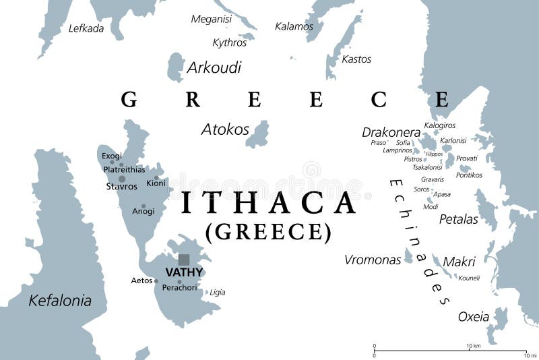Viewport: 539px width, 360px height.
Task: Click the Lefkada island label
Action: tap(86, 28)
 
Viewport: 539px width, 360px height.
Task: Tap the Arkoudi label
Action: tap(214, 67)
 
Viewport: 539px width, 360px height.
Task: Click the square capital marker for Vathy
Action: tap(184, 260)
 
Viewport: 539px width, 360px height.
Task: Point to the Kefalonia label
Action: tap(60, 301)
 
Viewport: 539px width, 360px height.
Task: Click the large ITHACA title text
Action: tap(269, 202)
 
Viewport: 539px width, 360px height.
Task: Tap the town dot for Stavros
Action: tap(122, 179)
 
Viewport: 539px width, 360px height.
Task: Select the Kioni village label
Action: tap(156, 183)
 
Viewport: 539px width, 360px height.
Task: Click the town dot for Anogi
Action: tap(144, 206)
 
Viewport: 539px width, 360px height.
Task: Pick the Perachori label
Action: tap(179, 288)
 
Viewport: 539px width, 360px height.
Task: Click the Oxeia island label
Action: tap(474, 316)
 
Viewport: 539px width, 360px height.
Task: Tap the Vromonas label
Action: tap(373, 260)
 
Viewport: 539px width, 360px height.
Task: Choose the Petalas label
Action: tap(458, 219)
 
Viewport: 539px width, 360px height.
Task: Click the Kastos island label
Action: tap(356, 59)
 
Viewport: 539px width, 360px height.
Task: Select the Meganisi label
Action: tap(211, 19)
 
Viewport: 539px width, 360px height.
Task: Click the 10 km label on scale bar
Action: tap(473, 346)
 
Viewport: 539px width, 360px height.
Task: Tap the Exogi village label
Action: tap(112, 156)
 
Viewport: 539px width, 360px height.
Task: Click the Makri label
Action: tap(459, 261)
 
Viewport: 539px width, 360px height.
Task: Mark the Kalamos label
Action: tap(294, 26)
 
